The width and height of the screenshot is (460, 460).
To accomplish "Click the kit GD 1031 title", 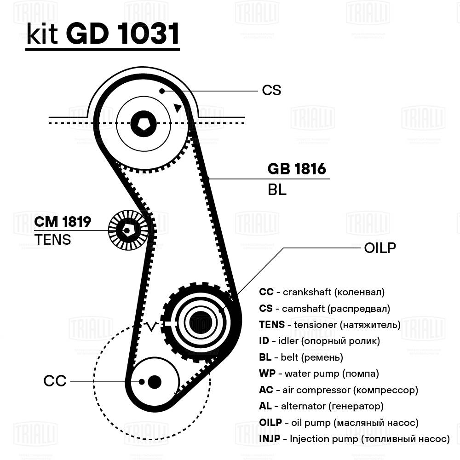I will [x=102, y=34].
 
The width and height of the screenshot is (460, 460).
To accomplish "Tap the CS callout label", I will [x=271, y=90].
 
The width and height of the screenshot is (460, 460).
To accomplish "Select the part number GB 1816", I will [x=297, y=169].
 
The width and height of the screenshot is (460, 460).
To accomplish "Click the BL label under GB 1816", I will [x=277, y=190].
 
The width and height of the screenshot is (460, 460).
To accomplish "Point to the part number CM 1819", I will [x=63, y=222].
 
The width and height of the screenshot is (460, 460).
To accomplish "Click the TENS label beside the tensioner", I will [x=52, y=240].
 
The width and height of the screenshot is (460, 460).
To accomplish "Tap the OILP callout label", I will [x=380, y=248].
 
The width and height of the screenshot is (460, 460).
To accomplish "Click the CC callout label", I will [x=55, y=381].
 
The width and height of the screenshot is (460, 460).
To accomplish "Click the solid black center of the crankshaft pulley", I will [x=155, y=381].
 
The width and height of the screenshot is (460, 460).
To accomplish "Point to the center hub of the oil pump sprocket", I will [x=199, y=320].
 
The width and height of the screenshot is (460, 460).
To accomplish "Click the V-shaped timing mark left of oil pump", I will [x=151, y=326].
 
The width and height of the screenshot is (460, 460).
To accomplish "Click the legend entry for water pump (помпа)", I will [x=319, y=374].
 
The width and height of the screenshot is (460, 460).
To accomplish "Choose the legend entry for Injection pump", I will [x=354, y=439].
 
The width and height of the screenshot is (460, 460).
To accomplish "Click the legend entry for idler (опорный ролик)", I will [x=319, y=341].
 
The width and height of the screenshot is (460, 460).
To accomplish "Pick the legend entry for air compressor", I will [x=339, y=390].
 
